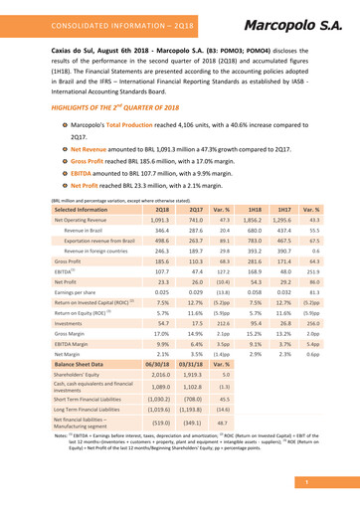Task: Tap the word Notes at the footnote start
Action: pyautogui.click(x=59, y=464)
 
